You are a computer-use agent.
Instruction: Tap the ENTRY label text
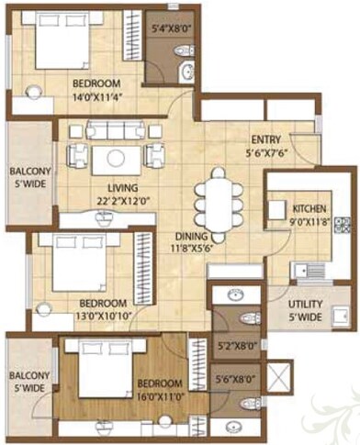(266, 140)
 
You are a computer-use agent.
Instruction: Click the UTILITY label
(306, 305)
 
